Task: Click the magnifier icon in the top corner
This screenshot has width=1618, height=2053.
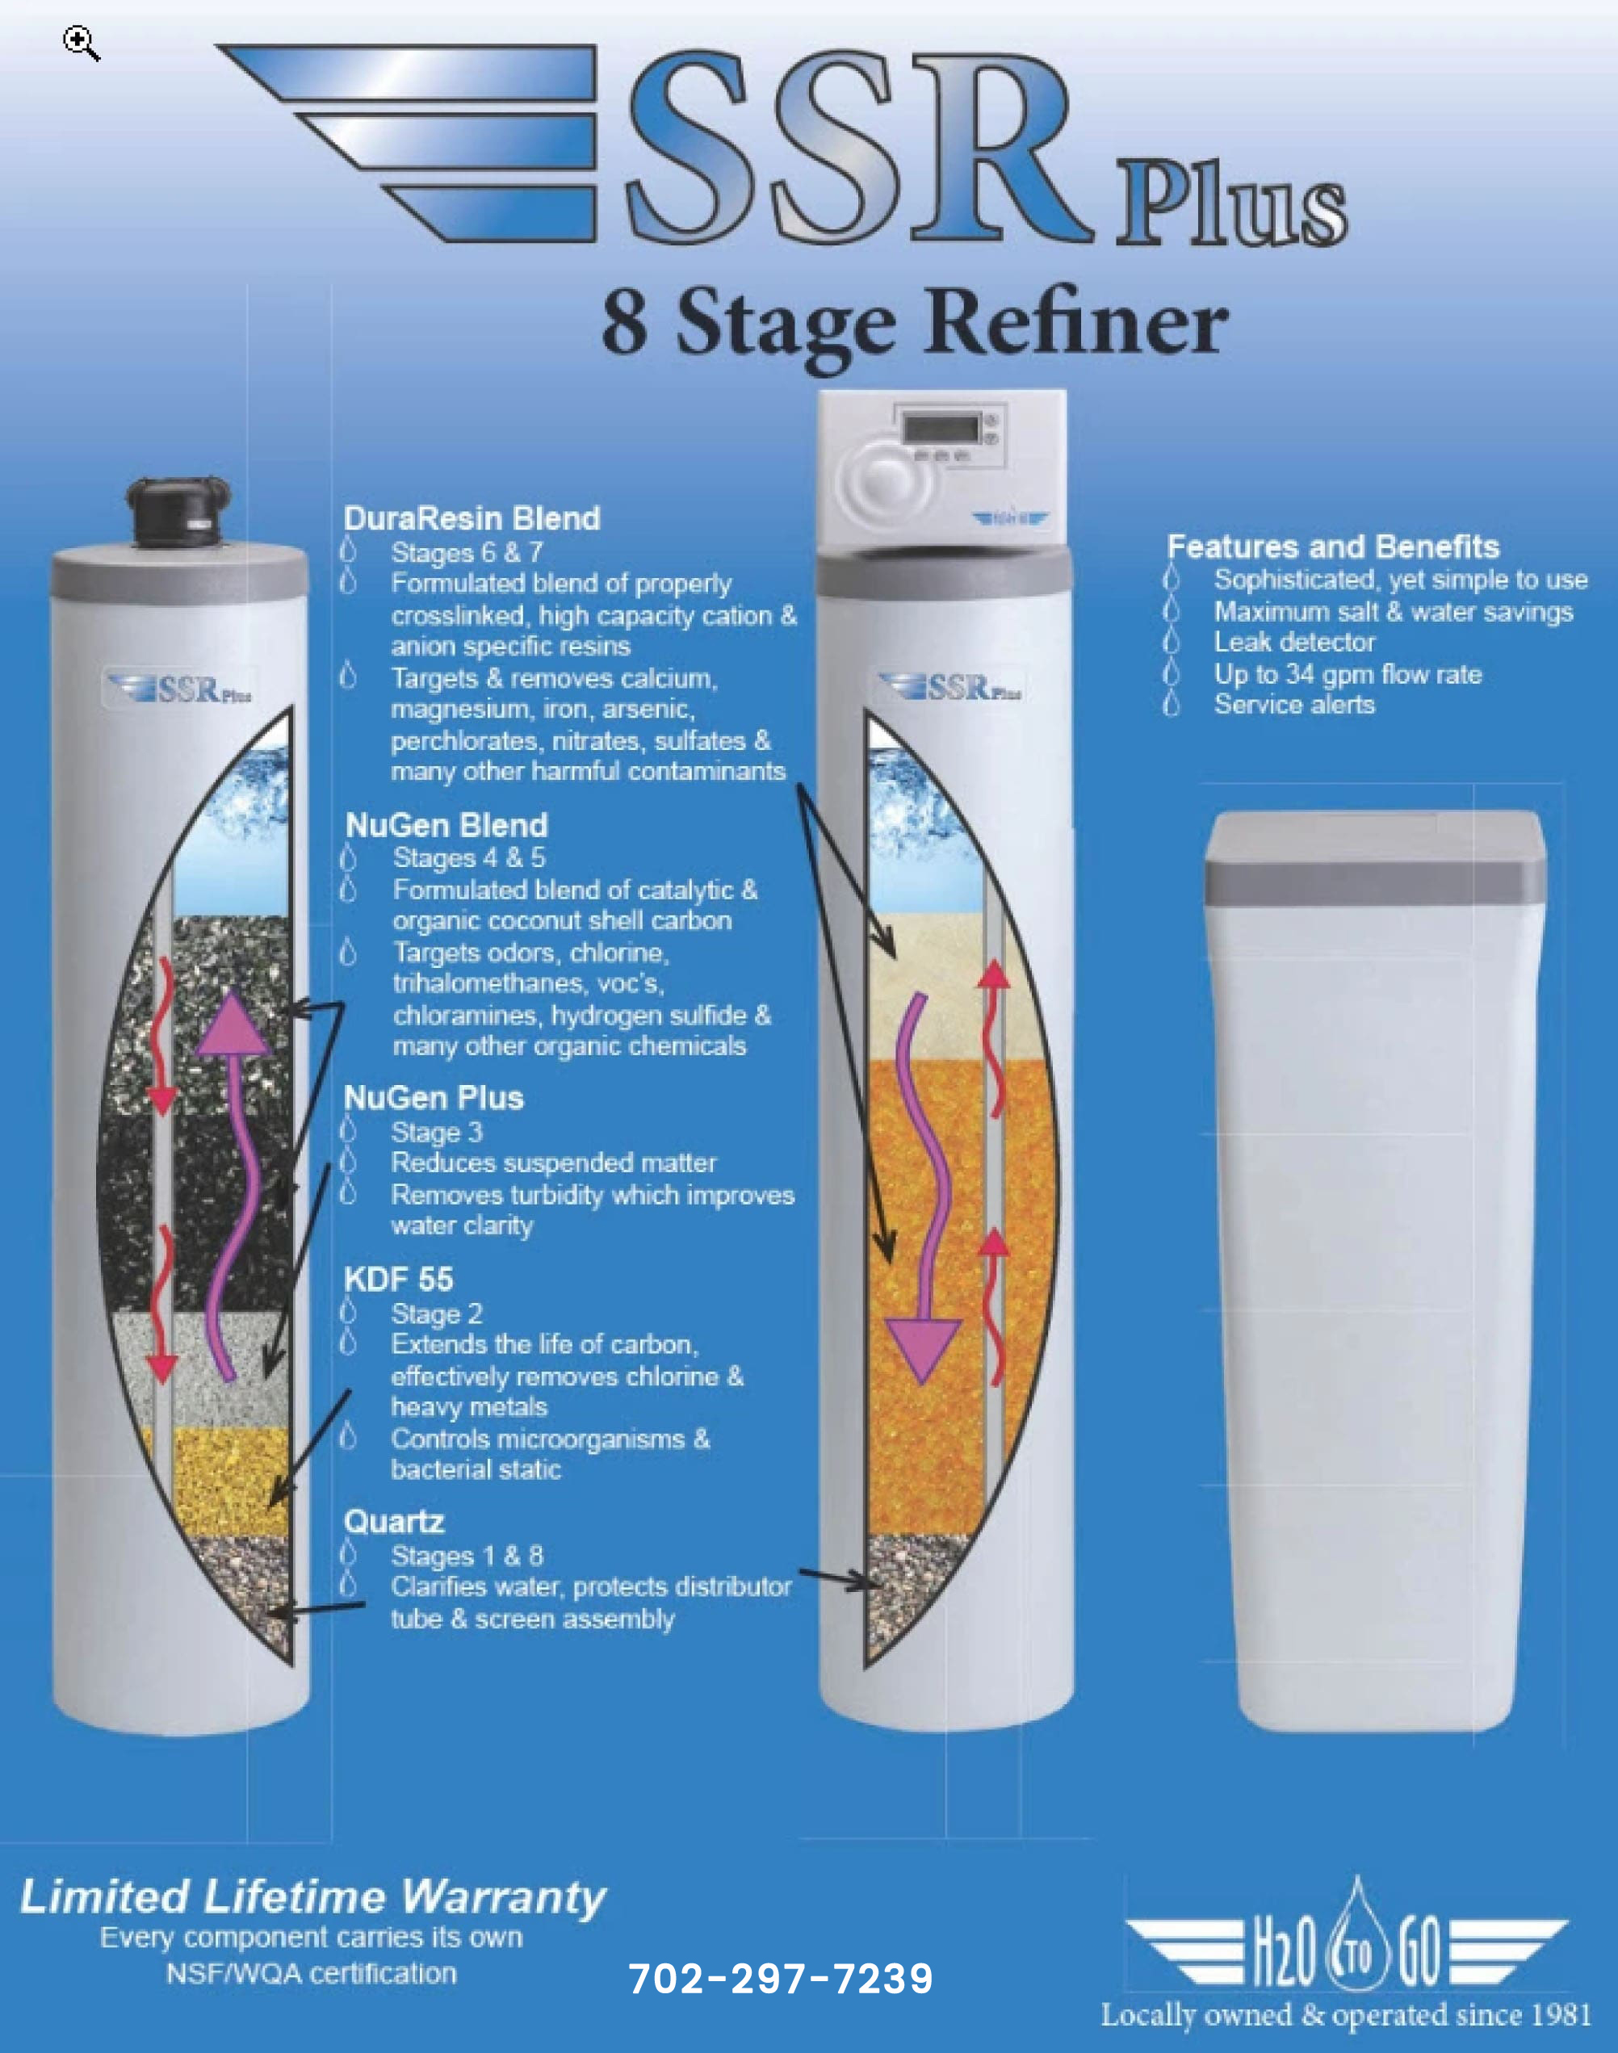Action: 82,44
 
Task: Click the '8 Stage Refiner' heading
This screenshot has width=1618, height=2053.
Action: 914,323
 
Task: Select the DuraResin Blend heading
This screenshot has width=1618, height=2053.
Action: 472,518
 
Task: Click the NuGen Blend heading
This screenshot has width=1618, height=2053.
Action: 446,825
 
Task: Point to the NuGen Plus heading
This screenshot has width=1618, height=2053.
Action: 434,1097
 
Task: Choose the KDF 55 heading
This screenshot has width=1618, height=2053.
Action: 399,1280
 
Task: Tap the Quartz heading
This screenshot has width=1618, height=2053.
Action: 394,1522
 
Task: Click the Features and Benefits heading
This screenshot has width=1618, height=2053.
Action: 1333,547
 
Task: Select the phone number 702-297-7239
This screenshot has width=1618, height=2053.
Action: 781,1978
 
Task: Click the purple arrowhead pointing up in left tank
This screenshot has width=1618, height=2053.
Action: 232,1022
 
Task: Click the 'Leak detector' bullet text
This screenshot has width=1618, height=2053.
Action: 1294,642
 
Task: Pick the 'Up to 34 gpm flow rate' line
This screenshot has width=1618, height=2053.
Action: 1348,674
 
